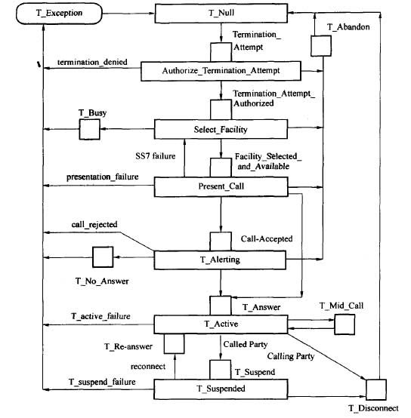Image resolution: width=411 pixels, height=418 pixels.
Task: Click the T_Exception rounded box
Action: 59,14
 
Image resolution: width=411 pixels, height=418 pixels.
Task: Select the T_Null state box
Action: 221,13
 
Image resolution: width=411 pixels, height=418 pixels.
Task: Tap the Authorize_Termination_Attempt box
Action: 221,71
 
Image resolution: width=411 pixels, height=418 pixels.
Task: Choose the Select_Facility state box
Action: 221,129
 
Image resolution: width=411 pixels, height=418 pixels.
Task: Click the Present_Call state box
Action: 221,186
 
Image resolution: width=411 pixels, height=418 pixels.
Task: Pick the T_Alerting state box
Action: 220,260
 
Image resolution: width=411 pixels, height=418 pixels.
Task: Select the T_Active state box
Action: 221,324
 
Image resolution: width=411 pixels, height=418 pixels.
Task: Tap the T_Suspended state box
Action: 221,389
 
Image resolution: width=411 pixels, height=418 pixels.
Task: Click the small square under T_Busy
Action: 90,129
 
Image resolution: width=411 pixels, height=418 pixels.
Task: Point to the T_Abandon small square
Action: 321,46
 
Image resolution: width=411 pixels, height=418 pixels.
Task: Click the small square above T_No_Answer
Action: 103,257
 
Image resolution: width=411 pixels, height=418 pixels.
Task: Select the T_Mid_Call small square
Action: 345,324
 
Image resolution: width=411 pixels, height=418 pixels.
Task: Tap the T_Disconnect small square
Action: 376,390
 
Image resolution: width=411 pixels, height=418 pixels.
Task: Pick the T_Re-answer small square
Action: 174,344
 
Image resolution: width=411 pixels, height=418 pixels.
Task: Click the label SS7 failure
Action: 156,156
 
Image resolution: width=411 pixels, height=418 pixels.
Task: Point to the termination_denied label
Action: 92,62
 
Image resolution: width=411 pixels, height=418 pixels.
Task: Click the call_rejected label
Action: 94,224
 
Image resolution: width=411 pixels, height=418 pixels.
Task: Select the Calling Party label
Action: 291,356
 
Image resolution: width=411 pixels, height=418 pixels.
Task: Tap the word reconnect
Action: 148,367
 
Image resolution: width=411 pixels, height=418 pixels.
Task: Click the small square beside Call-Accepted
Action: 221,241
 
